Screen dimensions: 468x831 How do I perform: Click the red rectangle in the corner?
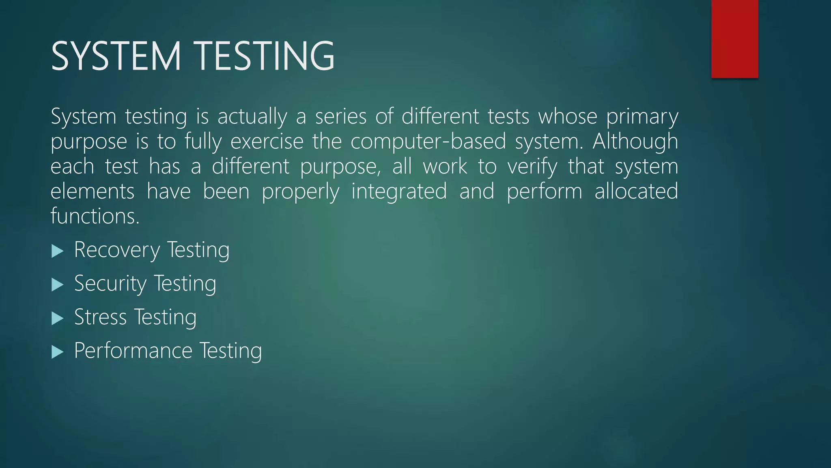click(x=734, y=39)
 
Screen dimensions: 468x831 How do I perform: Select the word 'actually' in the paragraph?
click(x=252, y=117)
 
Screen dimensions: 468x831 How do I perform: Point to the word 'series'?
click(x=340, y=117)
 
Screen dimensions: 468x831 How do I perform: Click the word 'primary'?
click(x=642, y=117)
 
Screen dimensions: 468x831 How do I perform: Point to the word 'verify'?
click(x=532, y=167)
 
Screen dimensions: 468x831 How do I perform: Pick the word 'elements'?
click(x=93, y=191)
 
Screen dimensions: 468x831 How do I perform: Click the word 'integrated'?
click(x=399, y=192)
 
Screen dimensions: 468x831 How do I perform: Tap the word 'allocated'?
click(x=636, y=191)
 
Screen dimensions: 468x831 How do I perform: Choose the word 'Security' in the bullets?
click(x=110, y=284)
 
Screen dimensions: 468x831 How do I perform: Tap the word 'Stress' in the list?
click(x=100, y=317)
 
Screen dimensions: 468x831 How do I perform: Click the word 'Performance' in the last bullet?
click(x=133, y=351)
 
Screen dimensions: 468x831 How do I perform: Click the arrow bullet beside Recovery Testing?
click(x=58, y=251)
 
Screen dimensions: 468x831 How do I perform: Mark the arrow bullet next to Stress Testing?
click(x=58, y=318)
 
